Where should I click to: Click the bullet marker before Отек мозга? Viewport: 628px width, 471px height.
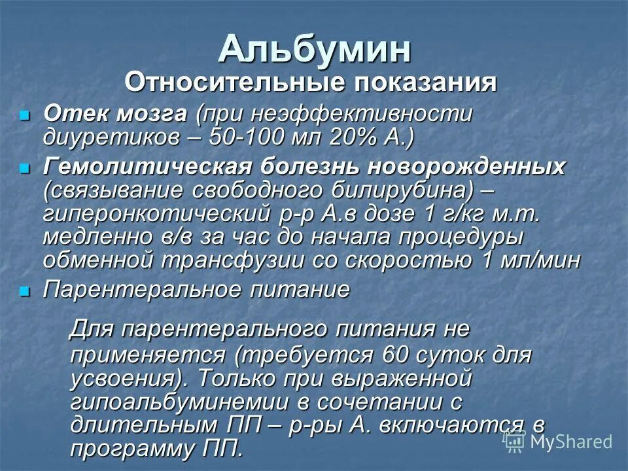[x=25, y=115]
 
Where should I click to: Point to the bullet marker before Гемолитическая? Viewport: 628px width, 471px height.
[x=25, y=168]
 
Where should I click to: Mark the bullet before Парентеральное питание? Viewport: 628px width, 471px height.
[x=25, y=291]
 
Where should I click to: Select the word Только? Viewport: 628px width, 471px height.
[x=240, y=379]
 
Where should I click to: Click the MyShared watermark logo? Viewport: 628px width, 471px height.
[x=557, y=442]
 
